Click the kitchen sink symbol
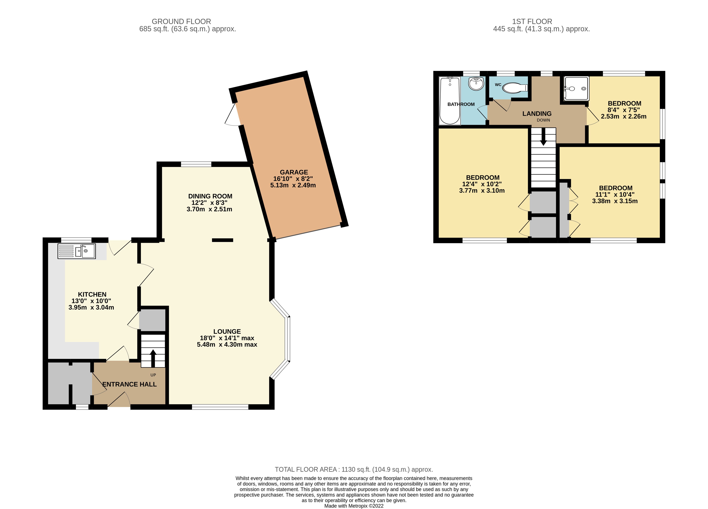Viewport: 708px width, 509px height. tap(77, 251)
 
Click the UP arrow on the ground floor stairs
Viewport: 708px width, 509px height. tap(153, 358)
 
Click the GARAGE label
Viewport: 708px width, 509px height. tap(294, 172)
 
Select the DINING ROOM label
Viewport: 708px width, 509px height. tap(210, 196)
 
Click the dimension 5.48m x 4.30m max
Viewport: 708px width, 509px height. tap(227, 344)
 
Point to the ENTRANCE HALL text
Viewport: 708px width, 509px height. tap(130, 384)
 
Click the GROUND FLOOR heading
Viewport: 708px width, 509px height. tap(181, 22)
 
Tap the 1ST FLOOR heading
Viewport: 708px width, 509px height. tap(532, 22)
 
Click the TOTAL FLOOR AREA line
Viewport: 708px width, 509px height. tap(354, 469)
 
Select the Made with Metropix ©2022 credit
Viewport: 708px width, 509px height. tap(354, 506)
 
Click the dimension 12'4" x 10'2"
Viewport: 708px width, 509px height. tap(482, 184)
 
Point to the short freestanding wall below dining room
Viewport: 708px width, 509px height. tap(223, 240)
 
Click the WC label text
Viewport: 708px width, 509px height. tap(498, 85)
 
